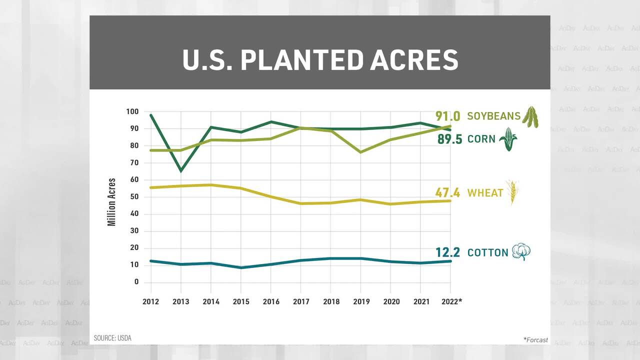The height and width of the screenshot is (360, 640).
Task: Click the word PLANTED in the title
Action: [x=300, y=60]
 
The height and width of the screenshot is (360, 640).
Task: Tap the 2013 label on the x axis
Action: [x=180, y=301]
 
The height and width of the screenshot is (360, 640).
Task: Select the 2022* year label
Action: [x=452, y=301]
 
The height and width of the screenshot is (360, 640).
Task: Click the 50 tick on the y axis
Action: [x=133, y=197]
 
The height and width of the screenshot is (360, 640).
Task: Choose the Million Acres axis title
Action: [x=112, y=202]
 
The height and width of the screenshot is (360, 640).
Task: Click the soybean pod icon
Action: [x=530, y=116]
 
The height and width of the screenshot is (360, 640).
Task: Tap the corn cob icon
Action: [x=508, y=138]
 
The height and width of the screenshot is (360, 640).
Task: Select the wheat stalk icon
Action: [x=512, y=192]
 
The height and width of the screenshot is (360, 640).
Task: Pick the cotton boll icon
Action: [x=520, y=252]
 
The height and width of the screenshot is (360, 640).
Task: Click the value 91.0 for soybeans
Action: [x=447, y=116]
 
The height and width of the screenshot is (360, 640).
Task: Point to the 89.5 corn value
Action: [x=450, y=139]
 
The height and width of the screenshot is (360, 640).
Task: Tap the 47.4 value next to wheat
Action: [x=447, y=193]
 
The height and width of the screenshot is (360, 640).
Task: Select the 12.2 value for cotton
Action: [x=447, y=252]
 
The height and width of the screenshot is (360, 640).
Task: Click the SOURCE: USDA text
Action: [x=112, y=338]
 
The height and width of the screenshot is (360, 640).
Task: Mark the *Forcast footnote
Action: [x=535, y=340]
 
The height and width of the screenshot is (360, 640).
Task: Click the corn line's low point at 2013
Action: [x=180, y=171]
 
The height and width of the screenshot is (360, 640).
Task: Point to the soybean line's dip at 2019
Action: [x=361, y=152]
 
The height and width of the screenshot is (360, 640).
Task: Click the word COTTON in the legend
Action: [x=487, y=252]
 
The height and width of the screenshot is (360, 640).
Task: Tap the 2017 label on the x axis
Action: [x=301, y=301]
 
